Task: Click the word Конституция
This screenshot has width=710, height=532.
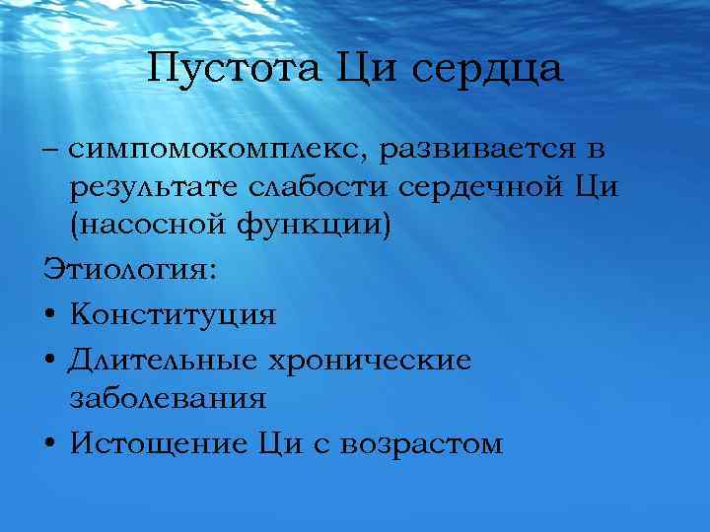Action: tap(174, 315)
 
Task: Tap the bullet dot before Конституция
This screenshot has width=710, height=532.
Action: tap(50, 316)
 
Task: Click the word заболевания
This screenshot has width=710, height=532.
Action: tap(168, 399)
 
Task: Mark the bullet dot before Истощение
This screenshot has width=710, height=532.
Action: tap(50, 444)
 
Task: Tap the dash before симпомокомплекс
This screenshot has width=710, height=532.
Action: tap(51, 151)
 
